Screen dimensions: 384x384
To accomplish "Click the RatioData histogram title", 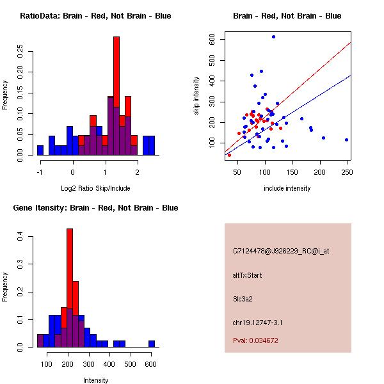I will tap(95, 16).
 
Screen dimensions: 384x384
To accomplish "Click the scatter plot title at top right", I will tap(287, 16).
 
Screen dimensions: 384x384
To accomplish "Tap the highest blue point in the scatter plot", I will tap(273, 37).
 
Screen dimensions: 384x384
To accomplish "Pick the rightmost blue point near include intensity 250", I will tap(346, 140).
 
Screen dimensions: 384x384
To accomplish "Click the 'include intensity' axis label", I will tap(287, 188).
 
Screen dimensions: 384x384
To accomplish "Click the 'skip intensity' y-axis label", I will tap(197, 101).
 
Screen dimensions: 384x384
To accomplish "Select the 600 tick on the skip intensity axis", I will tap(212, 40).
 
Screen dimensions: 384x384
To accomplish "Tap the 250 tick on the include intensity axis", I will tap(348, 172).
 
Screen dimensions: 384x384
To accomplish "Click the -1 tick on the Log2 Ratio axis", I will tap(40, 172).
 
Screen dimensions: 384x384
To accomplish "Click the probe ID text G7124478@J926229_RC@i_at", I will tap(281, 252).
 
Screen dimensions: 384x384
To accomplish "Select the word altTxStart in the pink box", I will tap(248, 275).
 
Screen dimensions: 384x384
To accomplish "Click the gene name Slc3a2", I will tap(244, 298).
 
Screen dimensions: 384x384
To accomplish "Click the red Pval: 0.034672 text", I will tap(255, 341).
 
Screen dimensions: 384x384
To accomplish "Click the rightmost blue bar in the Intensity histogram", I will tap(152, 344).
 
